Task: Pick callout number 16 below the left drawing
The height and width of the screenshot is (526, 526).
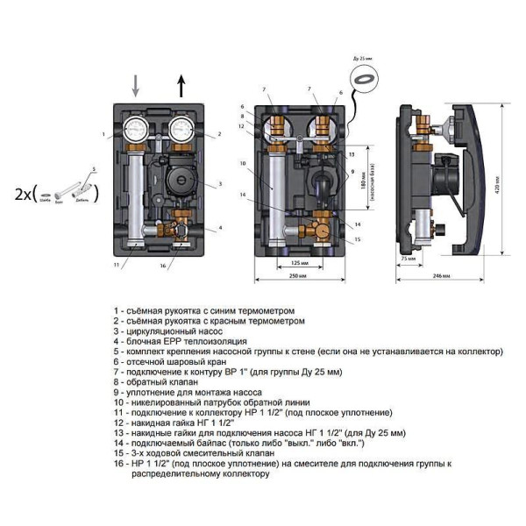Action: pyautogui.click(x=163, y=263)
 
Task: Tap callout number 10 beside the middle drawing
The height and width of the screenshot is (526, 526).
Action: pyautogui.click(x=242, y=163)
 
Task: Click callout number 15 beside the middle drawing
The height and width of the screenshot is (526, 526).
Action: pyautogui.click(x=357, y=238)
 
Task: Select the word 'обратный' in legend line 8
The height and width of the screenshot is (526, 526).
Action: pyautogui.click(x=146, y=382)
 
